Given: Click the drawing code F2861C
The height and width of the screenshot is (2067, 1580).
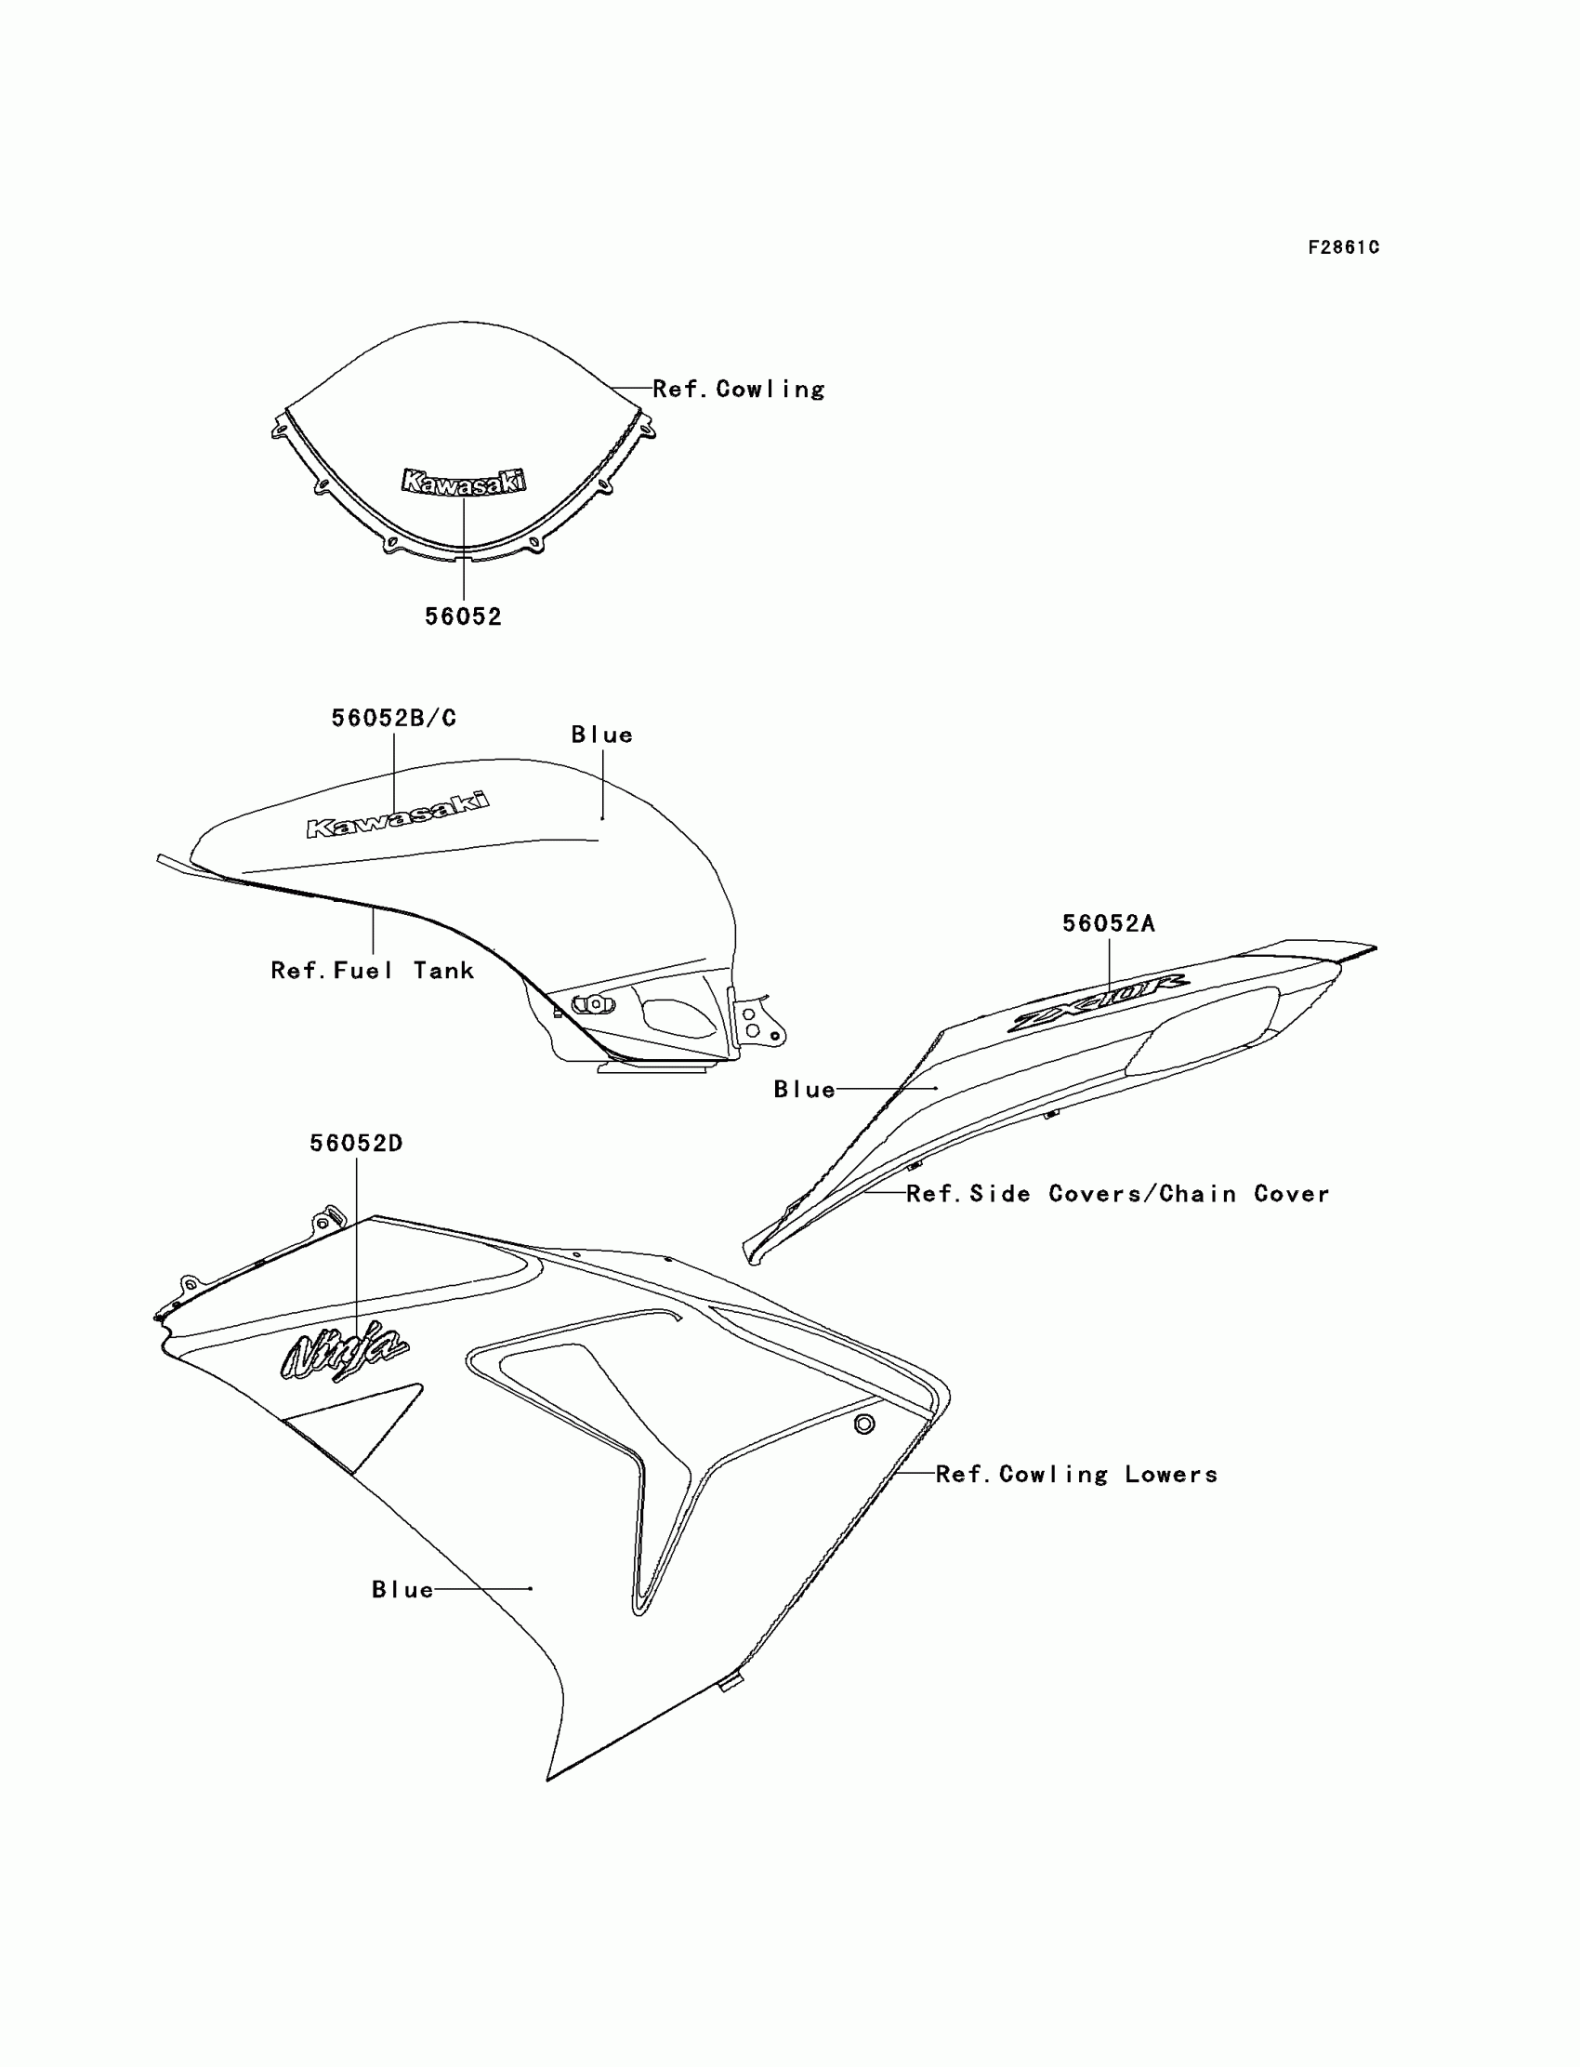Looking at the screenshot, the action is point(1343,247).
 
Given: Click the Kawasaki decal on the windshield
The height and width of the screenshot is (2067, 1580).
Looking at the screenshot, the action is point(463,482).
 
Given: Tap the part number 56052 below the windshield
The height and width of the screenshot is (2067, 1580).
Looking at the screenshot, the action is point(463,616).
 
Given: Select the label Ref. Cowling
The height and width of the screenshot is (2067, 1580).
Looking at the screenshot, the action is point(738,389).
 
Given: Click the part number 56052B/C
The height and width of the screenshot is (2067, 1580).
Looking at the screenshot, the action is point(393,718).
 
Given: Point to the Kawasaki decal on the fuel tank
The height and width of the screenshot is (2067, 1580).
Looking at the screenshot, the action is point(397,815).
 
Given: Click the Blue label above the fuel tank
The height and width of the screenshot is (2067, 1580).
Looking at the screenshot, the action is point(602,735).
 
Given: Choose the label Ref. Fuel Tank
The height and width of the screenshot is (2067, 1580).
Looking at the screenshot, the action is point(373,970).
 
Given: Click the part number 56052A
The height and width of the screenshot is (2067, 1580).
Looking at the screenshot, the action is point(1108,924).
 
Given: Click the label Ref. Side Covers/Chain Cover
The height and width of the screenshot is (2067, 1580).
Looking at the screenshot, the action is point(1117,1194).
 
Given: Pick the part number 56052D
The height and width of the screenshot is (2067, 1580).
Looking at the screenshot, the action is point(357,1143).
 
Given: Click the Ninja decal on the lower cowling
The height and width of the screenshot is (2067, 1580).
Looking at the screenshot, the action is point(344,1352).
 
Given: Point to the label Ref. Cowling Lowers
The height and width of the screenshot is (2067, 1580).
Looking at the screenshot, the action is point(1076,1475).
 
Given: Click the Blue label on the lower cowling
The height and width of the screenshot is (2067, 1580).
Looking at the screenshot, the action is point(402,1589).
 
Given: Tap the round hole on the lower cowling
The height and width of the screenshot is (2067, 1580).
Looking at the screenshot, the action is point(863,1424).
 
